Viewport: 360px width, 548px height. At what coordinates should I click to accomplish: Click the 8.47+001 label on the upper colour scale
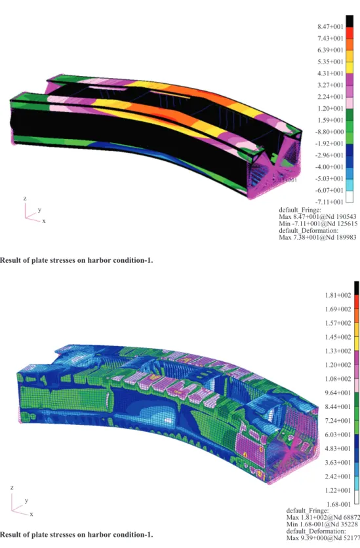330,27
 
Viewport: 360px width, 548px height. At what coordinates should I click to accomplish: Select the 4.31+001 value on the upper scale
330,73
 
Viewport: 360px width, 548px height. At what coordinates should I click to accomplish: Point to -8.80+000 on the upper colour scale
330,132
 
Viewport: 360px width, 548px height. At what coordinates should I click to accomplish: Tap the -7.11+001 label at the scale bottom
330,202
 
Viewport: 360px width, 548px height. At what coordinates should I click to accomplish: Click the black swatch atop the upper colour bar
349,21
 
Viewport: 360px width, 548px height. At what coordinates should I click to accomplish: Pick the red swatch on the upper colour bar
349,33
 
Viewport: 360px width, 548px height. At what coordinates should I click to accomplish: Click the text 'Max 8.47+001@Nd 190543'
317,217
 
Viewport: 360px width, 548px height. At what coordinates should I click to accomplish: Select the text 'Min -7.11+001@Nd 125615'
318,224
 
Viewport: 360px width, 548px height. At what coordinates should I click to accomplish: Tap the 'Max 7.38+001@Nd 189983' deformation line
317,237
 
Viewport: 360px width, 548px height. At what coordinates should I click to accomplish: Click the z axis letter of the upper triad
25,199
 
